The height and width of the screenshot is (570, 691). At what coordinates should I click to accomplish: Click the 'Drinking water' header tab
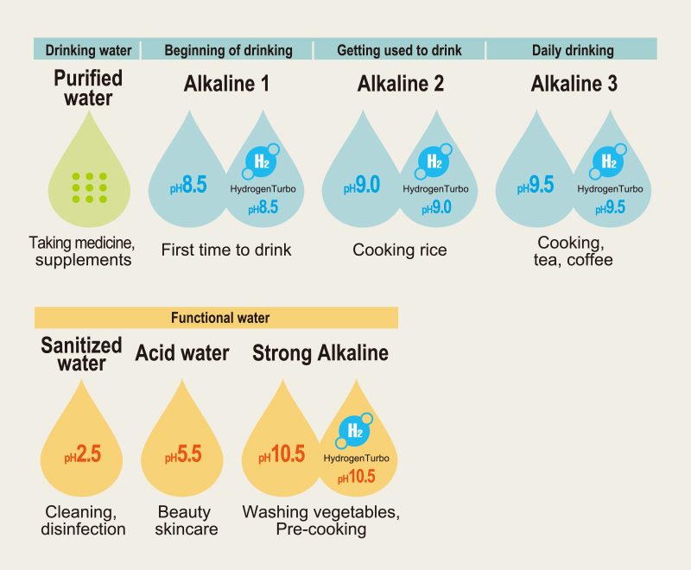88,50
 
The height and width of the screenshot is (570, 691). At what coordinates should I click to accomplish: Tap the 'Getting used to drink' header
400,50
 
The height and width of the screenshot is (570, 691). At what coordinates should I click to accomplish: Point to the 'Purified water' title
88,88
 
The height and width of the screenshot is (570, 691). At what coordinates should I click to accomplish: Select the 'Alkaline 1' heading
227,84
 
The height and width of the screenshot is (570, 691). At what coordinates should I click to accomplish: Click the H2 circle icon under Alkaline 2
434,161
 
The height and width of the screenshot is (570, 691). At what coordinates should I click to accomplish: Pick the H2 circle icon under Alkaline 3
608,161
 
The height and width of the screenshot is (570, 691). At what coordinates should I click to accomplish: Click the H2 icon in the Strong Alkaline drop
353,430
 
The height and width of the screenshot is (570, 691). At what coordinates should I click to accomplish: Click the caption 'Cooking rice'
400,250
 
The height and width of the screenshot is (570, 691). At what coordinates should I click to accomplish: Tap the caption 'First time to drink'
227,250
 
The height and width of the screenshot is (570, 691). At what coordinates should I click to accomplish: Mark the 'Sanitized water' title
82,354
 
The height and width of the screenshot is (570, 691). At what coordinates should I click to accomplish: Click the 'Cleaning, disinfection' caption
83,521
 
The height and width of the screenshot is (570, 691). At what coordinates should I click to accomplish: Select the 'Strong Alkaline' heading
320,353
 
